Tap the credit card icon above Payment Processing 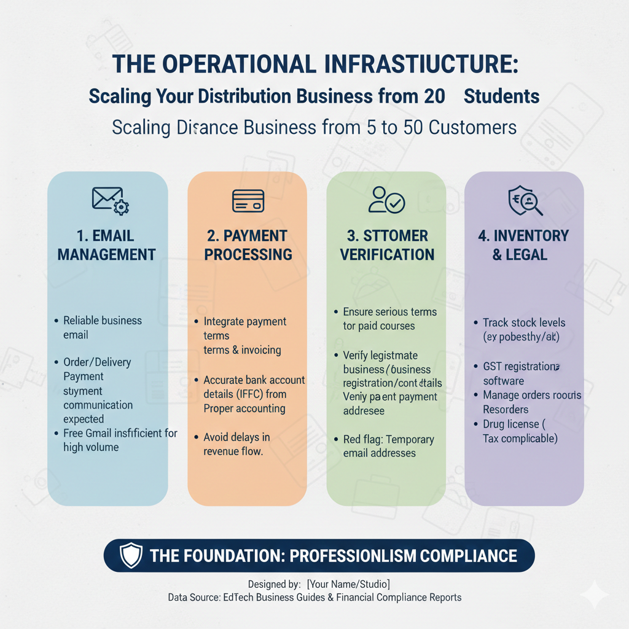tap(248, 201)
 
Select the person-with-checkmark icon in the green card tap(386, 200)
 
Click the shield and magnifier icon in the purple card tap(525, 201)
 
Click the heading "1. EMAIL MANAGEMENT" tap(107, 244)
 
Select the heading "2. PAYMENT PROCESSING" tap(248, 244)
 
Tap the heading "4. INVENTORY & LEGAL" tap(523, 244)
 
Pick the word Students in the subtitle tap(501, 96)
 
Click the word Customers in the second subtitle tap(472, 128)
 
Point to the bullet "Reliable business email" tap(102, 327)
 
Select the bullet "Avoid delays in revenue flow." tap(236, 444)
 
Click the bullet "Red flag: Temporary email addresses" tap(388, 446)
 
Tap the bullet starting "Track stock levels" tap(523, 329)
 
